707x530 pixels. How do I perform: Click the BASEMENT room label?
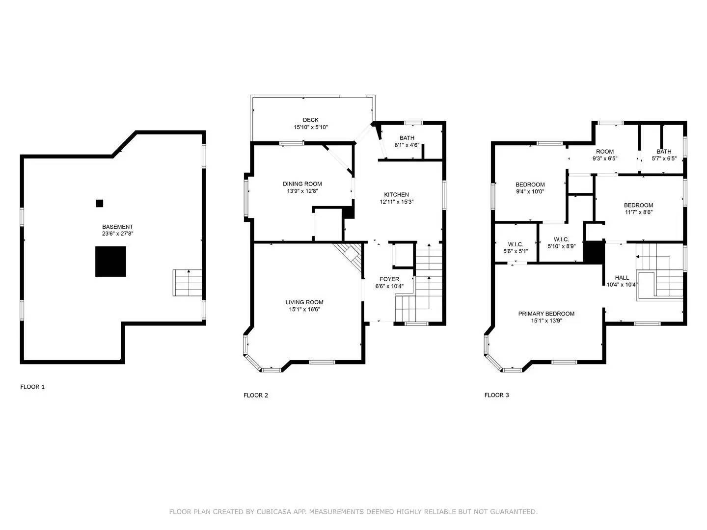tap(117, 227)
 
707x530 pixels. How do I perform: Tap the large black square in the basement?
tap(110, 261)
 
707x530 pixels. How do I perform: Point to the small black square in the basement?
tap(100, 203)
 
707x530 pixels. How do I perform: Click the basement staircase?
tap(187, 283)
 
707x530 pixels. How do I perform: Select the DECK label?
tap(310, 120)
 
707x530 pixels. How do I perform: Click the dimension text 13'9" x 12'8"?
tap(302, 191)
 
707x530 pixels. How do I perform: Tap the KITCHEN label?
tap(397, 195)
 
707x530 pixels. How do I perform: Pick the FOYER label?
tap(389, 279)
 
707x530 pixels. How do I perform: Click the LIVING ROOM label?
tap(304, 302)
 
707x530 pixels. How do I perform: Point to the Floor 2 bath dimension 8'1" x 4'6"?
tap(407, 145)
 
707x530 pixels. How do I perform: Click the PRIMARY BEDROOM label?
tap(546, 314)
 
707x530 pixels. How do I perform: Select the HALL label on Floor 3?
tap(622, 278)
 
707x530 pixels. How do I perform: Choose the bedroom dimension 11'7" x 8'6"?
tap(638, 212)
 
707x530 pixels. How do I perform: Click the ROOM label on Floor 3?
tap(604, 152)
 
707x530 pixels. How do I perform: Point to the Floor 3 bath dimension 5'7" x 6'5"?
tap(664, 159)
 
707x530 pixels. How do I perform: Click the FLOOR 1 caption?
tap(32, 387)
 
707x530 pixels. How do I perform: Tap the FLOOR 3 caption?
tap(497, 395)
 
